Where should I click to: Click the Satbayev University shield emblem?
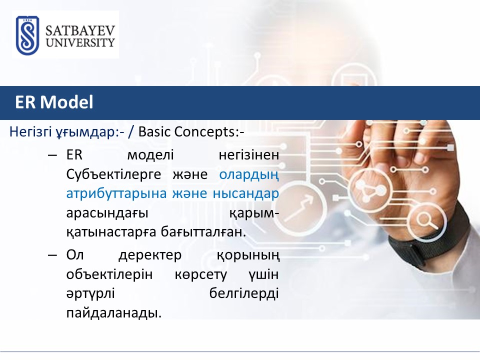(27, 35)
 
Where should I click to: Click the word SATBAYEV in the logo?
(80, 30)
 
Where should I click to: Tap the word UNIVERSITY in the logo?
(80, 42)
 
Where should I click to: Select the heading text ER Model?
(54, 102)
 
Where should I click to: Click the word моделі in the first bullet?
(150, 155)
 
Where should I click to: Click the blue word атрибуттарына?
(116, 194)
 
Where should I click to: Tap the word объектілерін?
(109, 274)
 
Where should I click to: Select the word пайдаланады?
(114, 313)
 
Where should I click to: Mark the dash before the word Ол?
(52, 255)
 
